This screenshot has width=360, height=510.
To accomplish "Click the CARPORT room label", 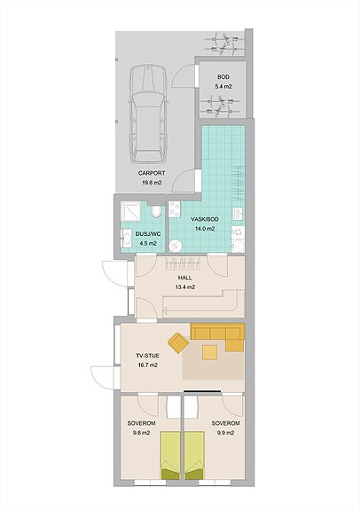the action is pos(152,173).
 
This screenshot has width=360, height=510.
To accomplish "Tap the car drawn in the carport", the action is pos(149,114).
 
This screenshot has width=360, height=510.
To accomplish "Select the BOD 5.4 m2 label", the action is pos(223,82).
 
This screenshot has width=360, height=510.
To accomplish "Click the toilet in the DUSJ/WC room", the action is pos(156,211).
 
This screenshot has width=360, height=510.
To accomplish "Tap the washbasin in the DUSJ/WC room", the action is pos(126,239).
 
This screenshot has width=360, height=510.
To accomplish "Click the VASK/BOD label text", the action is pos(205,219).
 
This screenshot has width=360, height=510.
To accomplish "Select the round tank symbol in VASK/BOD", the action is pos(176,246).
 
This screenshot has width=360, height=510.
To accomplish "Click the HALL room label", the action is pos(184,278).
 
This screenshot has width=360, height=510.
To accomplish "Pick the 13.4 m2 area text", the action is pos(184,287).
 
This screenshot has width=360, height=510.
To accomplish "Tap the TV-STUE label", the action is pos(147,356).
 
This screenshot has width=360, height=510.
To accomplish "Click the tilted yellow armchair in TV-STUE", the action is pos(178,342).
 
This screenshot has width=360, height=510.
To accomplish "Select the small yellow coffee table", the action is pos(210,352).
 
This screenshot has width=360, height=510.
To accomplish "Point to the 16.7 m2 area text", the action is pos(147,365).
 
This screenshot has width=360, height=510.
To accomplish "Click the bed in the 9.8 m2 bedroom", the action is pos(170,455).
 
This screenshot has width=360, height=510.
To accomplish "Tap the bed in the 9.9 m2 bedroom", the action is pos(194,455).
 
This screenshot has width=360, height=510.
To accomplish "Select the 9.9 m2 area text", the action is pos(224,433).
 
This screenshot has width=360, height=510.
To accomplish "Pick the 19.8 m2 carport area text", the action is pos(152,183).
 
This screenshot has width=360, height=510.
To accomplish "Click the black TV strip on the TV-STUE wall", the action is pos(203,390).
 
